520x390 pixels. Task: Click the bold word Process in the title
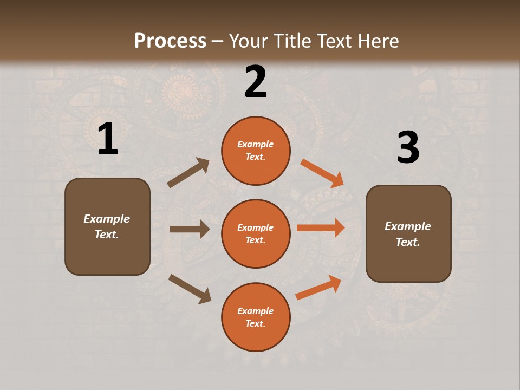tap(170, 41)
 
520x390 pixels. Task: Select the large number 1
tap(108, 139)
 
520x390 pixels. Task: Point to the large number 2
tap(256, 82)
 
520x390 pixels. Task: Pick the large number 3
tap(408, 148)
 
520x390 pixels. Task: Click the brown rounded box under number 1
tap(107, 226)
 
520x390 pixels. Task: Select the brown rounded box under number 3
tap(408, 233)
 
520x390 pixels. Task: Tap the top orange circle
tap(256, 151)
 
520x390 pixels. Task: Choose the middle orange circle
tap(256, 233)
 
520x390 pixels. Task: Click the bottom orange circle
tap(256, 317)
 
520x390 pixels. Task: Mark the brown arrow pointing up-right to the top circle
tap(188, 173)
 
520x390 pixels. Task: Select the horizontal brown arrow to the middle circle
tap(190, 229)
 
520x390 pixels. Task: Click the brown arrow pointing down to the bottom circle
tap(190, 289)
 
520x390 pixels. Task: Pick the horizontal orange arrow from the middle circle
tap(321, 227)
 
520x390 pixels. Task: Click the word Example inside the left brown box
tap(107, 219)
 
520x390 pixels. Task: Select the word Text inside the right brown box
tap(407, 242)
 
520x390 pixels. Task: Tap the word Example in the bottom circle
tap(255, 311)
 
